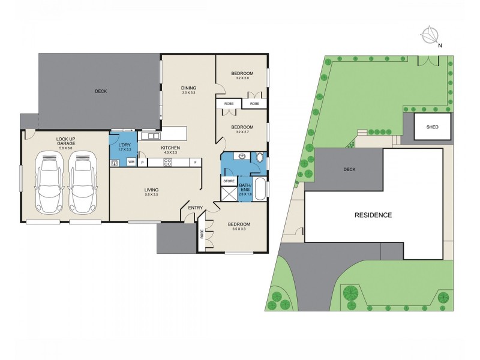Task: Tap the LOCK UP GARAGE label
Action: pyautogui.click(x=65, y=142)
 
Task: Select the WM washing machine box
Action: pyautogui.click(x=131, y=162)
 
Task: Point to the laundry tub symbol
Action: pyautogui.click(x=115, y=163)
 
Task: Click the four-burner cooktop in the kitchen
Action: pyautogui.click(x=168, y=162)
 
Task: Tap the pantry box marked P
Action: pyautogui.click(x=142, y=162)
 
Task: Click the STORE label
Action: pyautogui.click(x=229, y=180)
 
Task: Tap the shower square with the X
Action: pyautogui.click(x=229, y=193)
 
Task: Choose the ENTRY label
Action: pyautogui.click(x=196, y=208)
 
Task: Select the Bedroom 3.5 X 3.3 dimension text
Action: pyautogui.click(x=239, y=229)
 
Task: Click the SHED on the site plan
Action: pyautogui.click(x=432, y=127)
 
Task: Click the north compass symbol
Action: pyautogui.click(x=430, y=35)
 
